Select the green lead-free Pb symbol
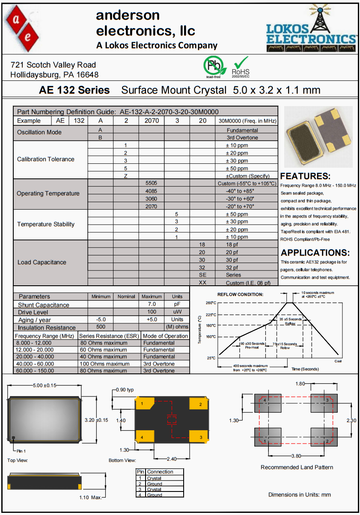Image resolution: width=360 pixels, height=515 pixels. (x=213, y=66)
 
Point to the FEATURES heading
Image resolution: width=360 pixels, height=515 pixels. (x=305, y=176)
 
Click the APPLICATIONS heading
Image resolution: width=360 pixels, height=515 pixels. (x=315, y=253)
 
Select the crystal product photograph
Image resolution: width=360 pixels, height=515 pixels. (x=318, y=136)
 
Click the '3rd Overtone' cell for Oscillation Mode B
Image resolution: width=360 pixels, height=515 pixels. (x=242, y=138)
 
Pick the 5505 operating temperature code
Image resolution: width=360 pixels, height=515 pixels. (x=152, y=183)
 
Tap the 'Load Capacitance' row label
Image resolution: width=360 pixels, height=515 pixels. (x=42, y=262)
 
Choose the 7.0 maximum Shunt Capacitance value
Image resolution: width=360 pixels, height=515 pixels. (x=152, y=304)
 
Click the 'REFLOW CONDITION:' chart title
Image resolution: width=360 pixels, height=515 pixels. (x=240, y=294)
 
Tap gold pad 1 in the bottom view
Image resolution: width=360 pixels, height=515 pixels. (x=145, y=403)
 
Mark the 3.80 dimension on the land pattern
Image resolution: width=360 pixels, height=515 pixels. (x=296, y=456)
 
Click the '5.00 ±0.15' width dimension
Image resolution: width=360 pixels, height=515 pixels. (x=45, y=385)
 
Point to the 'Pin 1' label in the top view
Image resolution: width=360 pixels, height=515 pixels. (x=21, y=451)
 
